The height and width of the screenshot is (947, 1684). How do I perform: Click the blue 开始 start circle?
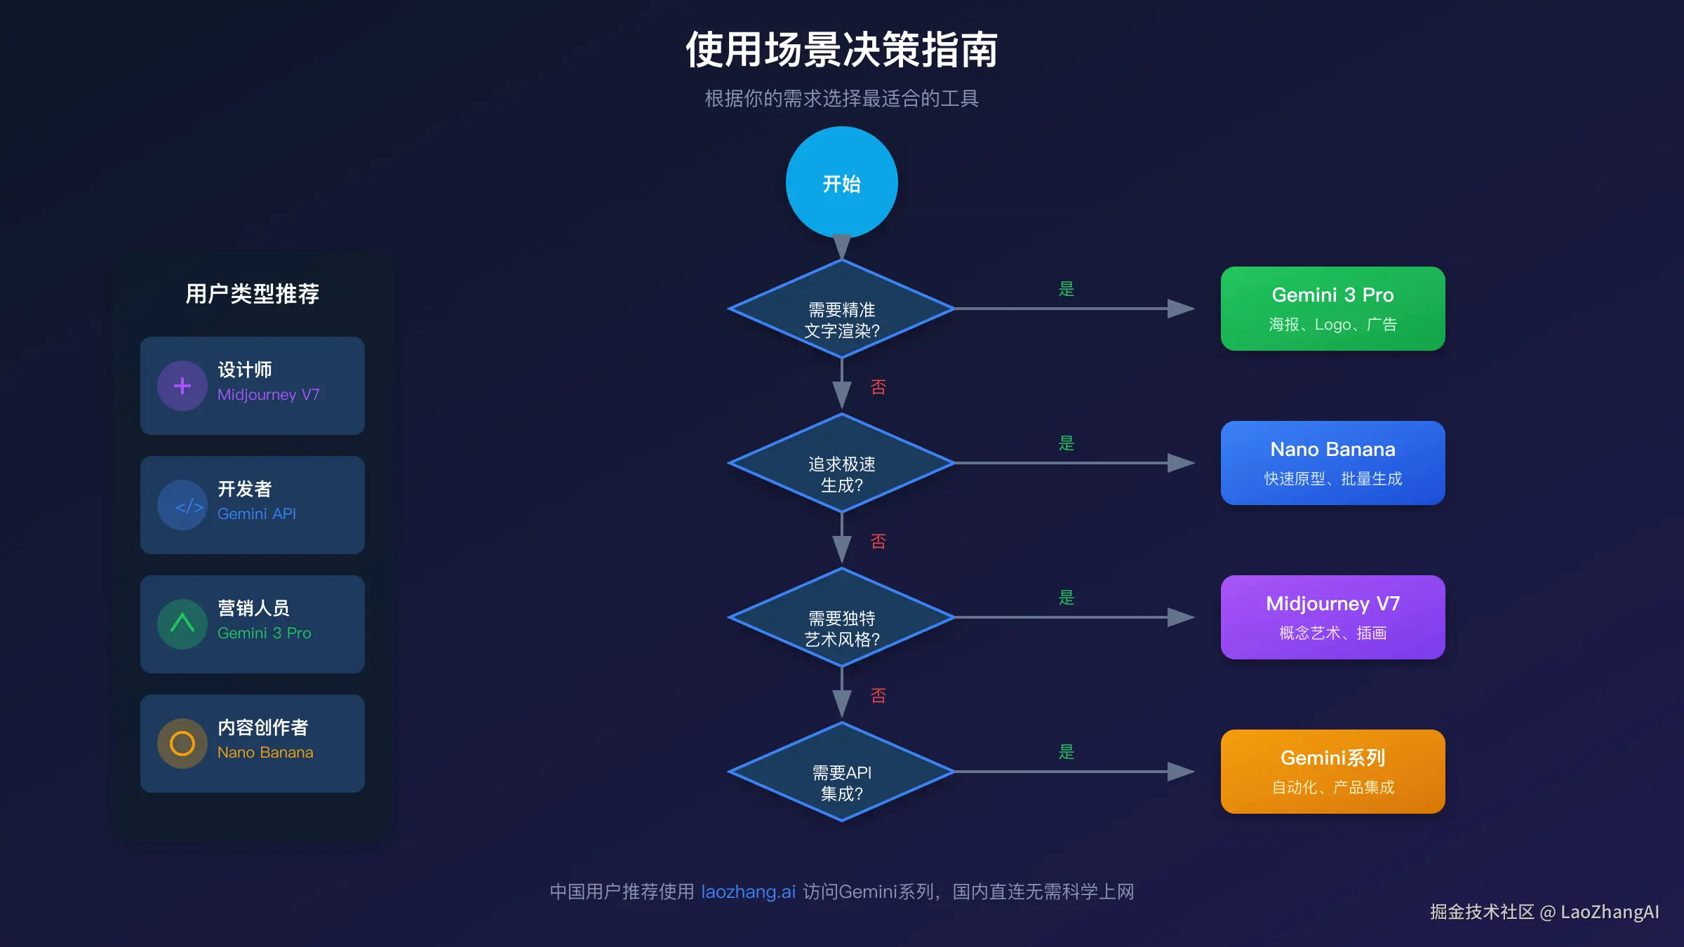tap(841, 182)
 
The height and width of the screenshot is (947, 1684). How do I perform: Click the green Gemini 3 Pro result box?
tap(1332, 309)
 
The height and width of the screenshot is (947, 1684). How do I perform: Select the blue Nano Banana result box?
tap(1332, 463)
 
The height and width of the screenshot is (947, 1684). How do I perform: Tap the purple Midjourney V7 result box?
tap(1332, 617)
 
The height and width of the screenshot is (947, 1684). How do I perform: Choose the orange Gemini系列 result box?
tap(1332, 772)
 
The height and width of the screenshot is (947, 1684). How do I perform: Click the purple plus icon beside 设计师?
tap(182, 386)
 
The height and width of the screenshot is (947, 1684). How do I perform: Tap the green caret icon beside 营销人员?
tap(182, 624)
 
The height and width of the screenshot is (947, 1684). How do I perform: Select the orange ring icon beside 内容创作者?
tap(182, 744)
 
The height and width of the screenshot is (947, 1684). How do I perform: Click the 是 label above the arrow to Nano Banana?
tap(1067, 443)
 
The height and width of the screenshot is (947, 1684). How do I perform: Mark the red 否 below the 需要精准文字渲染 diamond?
tap(878, 387)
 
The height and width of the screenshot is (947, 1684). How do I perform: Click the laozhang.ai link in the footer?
tap(748, 892)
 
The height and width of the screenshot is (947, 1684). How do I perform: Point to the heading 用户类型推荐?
tap(252, 293)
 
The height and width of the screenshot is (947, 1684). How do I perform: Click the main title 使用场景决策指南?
tap(841, 51)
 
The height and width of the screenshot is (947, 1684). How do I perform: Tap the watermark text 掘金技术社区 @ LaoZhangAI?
tap(1544, 912)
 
